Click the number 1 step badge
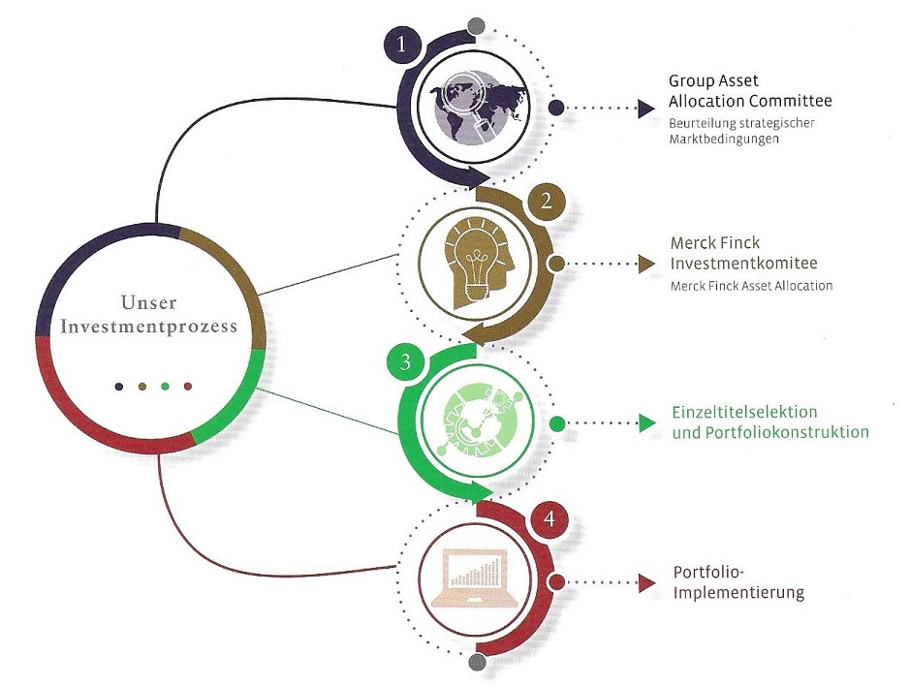point(402,46)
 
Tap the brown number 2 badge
point(547,202)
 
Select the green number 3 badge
point(405,362)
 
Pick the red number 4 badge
point(549,519)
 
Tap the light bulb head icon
point(478,261)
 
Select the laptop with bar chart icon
point(476,579)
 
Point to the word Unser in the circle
point(149,302)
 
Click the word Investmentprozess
point(149,327)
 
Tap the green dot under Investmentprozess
point(166,387)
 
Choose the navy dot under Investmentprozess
point(119,387)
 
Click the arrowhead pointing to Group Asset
point(646,108)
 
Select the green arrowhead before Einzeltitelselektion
point(647,422)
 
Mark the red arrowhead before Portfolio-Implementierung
point(646,582)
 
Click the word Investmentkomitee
point(743,264)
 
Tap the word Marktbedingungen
point(724,140)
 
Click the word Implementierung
point(738,592)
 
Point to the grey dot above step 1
point(475,25)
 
